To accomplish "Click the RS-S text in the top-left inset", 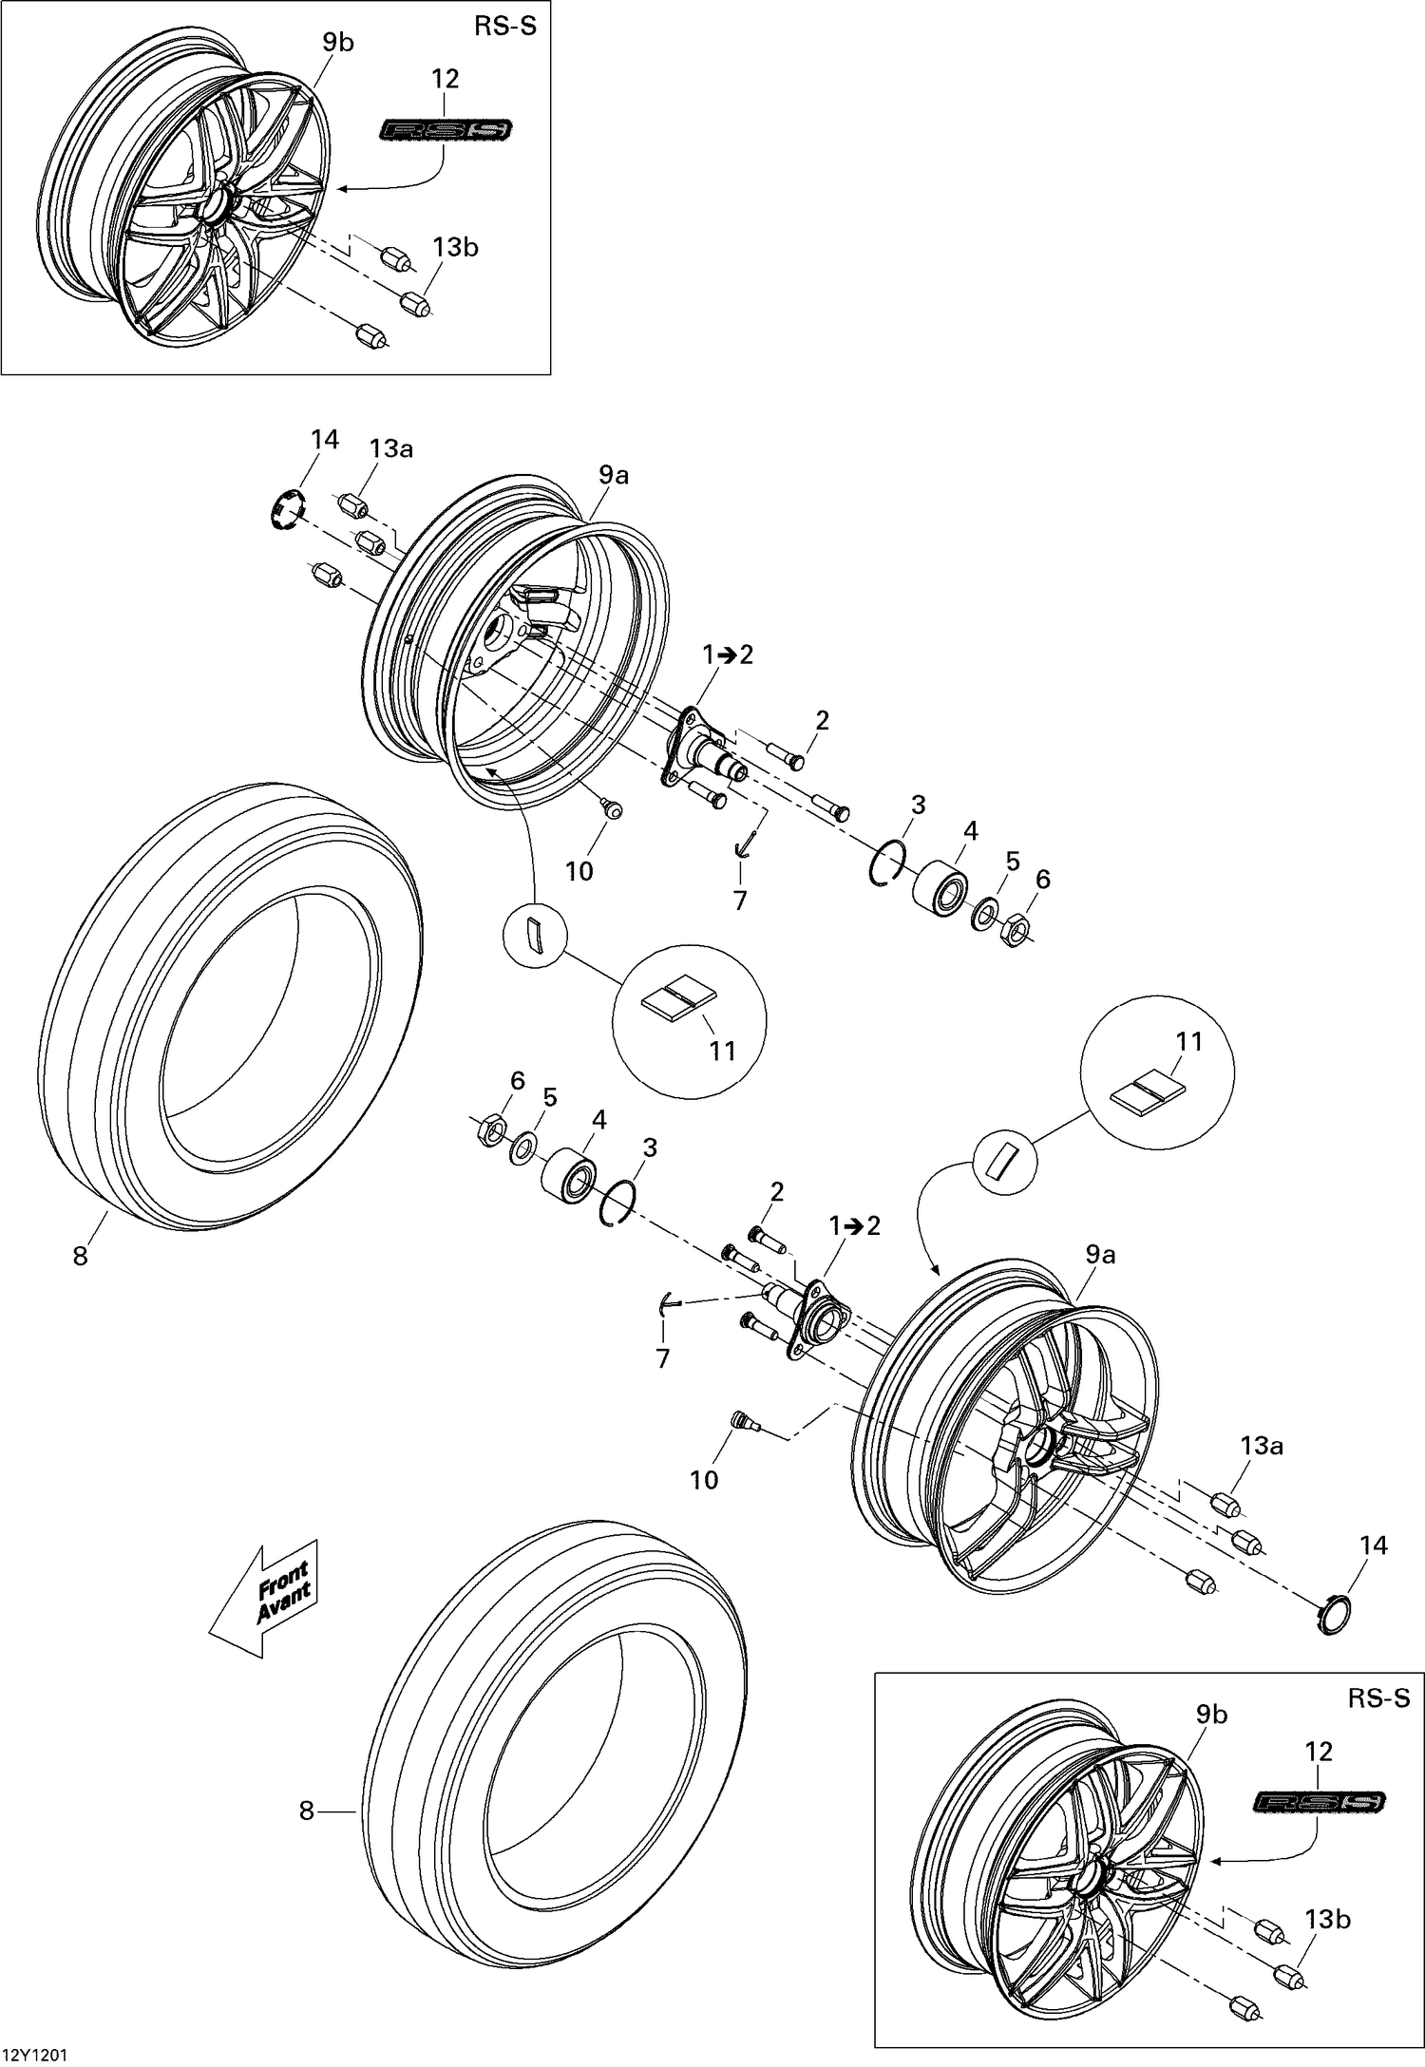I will pyautogui.click(x=504, y=26).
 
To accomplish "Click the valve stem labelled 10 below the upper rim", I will pyautogui.click(x=613, y=807).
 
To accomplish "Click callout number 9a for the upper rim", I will pyautogui.click(x=614, y=476).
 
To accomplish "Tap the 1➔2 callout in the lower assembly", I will pyautogui.click(x=855, y=1225).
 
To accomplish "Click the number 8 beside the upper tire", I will pyautogui.click(x=80, y=1256).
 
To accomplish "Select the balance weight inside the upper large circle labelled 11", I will pyautogui.click(x=676, y=997).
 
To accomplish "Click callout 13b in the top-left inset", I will pyautogui.click(x=455, y=247).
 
